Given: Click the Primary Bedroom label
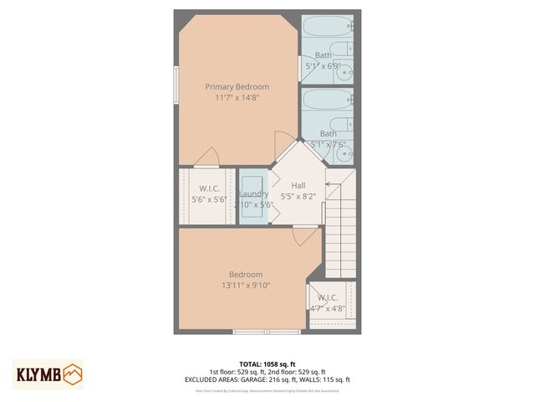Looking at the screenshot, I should point(237,86).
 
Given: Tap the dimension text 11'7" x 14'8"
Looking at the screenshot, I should point(237,97).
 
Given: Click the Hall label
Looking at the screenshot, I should point(298,185).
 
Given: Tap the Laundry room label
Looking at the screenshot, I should point(253,193).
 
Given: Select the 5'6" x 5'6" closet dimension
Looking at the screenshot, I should point(209,199).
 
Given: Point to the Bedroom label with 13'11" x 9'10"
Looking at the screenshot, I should point(246,274).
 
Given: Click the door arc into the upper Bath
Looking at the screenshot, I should point(305,67).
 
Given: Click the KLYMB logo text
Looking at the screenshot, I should point(36,373).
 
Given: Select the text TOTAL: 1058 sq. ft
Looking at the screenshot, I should point(267,363).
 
